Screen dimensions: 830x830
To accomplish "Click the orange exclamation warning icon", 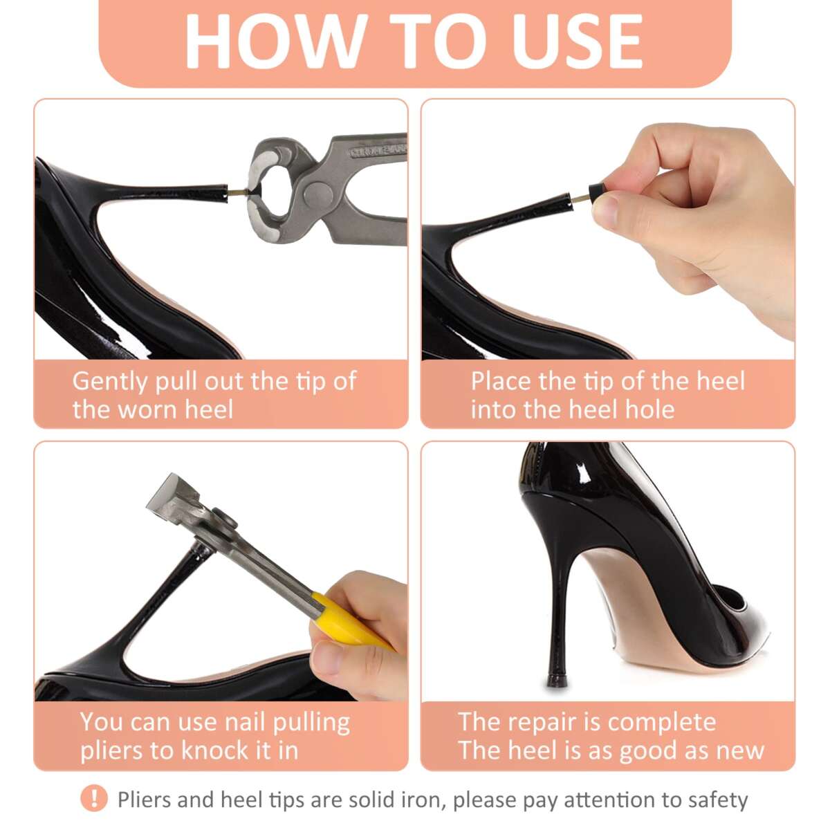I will tap(94, 799).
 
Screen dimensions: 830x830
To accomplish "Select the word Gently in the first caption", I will tap(110, 381).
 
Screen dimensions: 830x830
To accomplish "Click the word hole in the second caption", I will tap(649, 409).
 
